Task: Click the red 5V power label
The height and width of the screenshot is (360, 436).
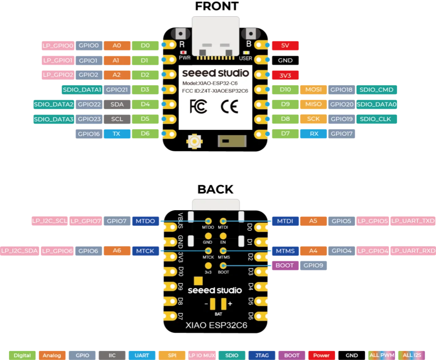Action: [285, 45]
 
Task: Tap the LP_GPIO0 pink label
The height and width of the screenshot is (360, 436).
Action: [58, 45]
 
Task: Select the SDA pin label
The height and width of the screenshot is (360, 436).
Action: [117, 104]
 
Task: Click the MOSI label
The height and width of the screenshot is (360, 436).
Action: [313, 89]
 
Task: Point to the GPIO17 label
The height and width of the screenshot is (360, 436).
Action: [341, 134]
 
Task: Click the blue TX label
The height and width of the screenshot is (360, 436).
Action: [117, 133]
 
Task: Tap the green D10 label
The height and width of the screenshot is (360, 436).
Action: [285, 89]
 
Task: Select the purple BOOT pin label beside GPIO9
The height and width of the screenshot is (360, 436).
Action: [284, 266]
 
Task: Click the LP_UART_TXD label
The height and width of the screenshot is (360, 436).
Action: [412, 221]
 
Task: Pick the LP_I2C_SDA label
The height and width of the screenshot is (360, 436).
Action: [20, 251]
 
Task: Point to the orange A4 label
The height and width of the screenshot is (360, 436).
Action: [313, 251]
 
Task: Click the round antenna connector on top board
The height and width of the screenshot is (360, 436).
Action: [194, 142]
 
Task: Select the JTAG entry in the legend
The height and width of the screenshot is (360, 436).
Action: [262, 355]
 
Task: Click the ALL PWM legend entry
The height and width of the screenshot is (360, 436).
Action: [381, 355]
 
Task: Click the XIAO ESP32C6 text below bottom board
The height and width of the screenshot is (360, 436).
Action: [216, 325]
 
